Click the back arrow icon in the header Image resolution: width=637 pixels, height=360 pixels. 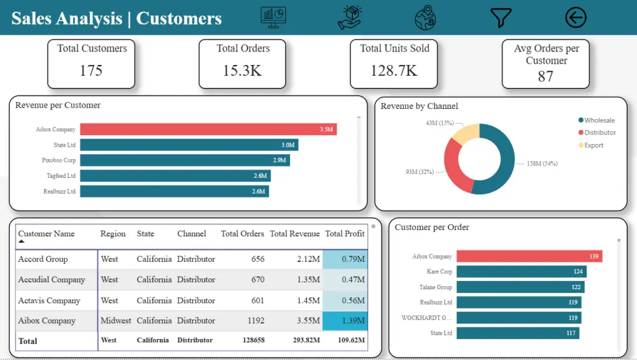click(x=575, y=18)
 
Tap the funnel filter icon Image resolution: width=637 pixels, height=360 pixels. click(x=501, y=18)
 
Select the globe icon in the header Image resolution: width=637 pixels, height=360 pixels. click(x=425, y=18)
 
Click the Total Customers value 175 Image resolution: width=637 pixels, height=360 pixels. click(x=91, y=71)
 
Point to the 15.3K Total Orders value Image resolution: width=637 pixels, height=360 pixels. click(x=242, y=71)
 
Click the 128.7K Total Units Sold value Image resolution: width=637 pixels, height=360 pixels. click(x=394, y=71)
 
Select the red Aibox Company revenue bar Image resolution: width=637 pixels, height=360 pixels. click(x=208, y=129)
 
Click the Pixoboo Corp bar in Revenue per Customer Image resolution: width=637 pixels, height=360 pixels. click(x=185, y=161)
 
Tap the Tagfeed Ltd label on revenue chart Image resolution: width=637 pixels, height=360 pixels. click(x=61, y=176)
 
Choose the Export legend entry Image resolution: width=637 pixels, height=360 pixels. click(x=594, y=145)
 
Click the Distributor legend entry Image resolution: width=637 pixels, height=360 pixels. click(x=600, y=133)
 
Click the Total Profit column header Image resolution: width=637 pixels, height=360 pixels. click(x=345, y=234)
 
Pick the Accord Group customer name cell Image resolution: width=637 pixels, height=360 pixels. click(x=43, y=259)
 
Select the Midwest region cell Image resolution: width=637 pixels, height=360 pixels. click(x=115, y=321)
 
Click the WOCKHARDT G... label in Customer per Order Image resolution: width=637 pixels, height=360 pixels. click(x=426, y=318)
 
